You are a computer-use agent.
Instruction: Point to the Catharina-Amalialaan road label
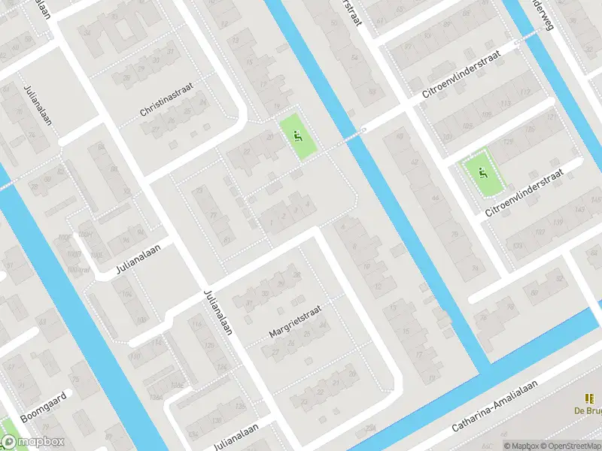click(x=497, y=415)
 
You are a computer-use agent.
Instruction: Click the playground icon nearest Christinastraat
click(x=299, y=136)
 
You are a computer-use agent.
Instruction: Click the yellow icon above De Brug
click(x=589, y=399)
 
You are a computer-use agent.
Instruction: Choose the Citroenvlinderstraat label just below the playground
click(x=524, y=194)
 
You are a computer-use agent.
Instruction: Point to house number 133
click(x=517, y=245)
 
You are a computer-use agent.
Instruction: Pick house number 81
click(x=227, y=241)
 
